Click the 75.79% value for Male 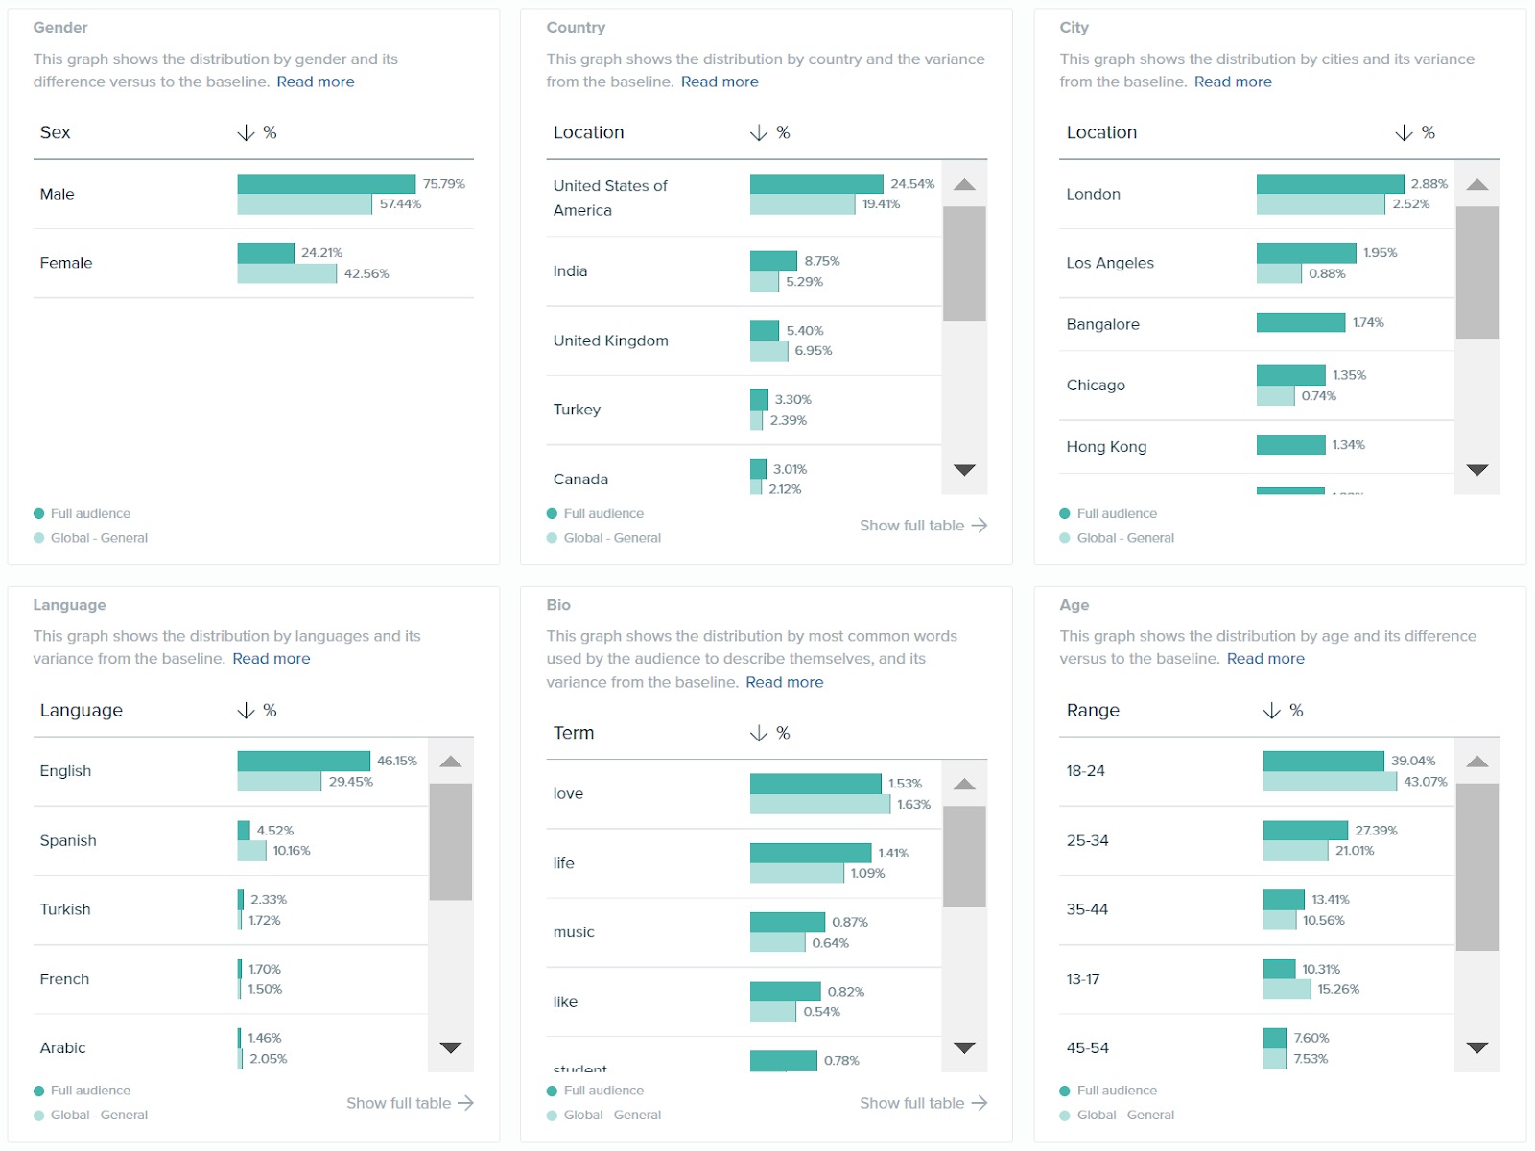pos(443,184)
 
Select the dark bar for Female pos(266,253)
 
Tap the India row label pos(570,271)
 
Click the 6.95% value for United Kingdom pos(813,351)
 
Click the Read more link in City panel pos(1232,82)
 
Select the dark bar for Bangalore pos(1300,323)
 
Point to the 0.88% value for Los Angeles pos(1327,274)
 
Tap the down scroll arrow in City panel pos(1476,470)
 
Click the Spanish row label pos(68,841)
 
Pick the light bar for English pos(279,782)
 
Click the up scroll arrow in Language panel pos(451,762)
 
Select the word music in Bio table pos(574,932)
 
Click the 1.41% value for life pos(892,854)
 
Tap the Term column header pos(574,733)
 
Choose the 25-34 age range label pos(1087,841)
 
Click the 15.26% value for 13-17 pos(1337,990)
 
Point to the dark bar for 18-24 pos(1323,762)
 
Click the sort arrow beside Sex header pos(246,133)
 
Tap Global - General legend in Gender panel pos(99,538)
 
